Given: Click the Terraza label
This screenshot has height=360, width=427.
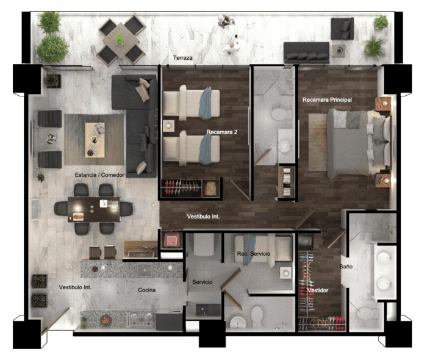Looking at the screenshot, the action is pyautogui.click(x=183, y=58).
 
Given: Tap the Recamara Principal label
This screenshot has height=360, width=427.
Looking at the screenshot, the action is pyautogui.click(x=327, y=99).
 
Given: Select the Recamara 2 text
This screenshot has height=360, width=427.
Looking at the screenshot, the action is pyautogui.click(x=221, y=132).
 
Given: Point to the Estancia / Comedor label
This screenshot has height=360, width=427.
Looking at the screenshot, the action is pyautogui.click(x=99, y=175).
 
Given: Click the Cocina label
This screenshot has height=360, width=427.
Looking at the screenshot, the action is pyautogui.click(x=147, y=290).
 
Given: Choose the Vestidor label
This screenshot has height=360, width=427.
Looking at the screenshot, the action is pyautogui.click(x=318, y=290).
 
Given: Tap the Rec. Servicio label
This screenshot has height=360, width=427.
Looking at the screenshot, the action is pyautogui.click(x=254, y=254).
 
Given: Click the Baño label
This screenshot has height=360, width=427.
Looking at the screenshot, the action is pyautogui.click(x=346, y=266).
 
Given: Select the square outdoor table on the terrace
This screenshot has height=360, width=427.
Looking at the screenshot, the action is pyautogui.click(x=121, y=41).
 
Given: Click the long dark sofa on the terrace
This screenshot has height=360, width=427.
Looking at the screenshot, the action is pyautogui.click(x=306, y=52).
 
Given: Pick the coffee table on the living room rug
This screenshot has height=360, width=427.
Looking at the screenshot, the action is pyautogui.click(x=95, y=140).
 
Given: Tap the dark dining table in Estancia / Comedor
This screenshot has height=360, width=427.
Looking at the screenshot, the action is pyautogui.click(x=94, y=209).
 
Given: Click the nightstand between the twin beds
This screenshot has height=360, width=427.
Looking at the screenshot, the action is pyautogui.click(x=168, y=126).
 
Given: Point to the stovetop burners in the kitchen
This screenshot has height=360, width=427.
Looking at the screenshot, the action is pyautogui.click(x=142, y=319).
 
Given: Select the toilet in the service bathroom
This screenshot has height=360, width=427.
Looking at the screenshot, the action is pyautogui.click(x=256, y=316).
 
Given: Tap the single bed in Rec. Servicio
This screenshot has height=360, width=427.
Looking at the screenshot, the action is pyautogui.click(x=263, y=249).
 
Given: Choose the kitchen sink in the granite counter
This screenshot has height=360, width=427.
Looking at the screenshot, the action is pyautogui.click(x=145, y=270).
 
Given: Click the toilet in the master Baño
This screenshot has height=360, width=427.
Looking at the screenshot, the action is pyautogui.click(x=365, y=313).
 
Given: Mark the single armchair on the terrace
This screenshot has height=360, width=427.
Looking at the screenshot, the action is pyautogui.click(x=342, y=29).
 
